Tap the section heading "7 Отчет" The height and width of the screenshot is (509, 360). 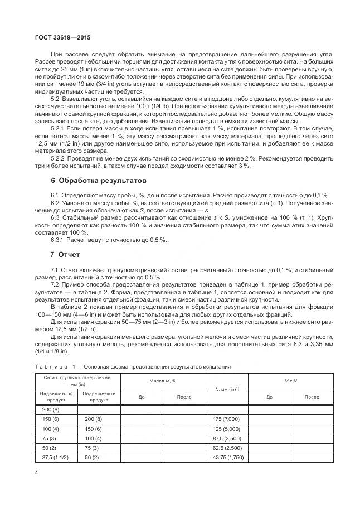click(65, 255)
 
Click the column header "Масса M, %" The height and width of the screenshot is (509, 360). click(163, 380)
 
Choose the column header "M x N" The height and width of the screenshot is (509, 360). click(291, 380)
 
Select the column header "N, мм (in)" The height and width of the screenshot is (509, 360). click(226, 389)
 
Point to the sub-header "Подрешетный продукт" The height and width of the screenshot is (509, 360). click(99, 397)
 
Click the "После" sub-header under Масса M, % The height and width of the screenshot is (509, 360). click(184, 397)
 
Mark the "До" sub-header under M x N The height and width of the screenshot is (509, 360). click(270, 397)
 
